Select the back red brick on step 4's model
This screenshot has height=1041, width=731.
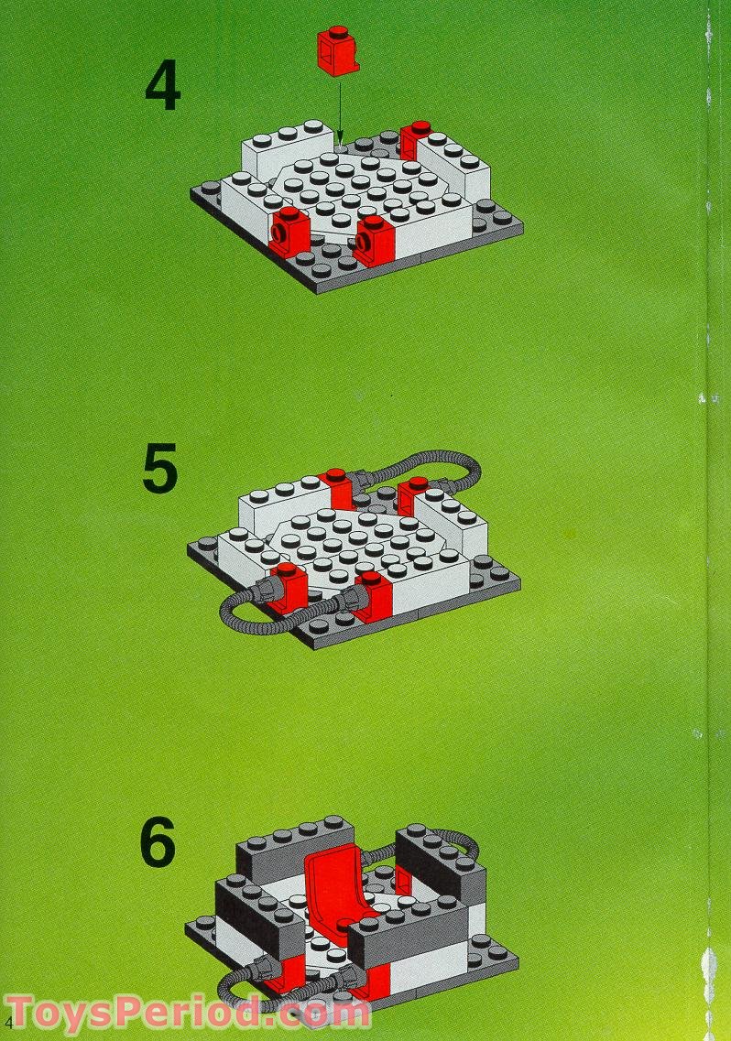415,141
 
